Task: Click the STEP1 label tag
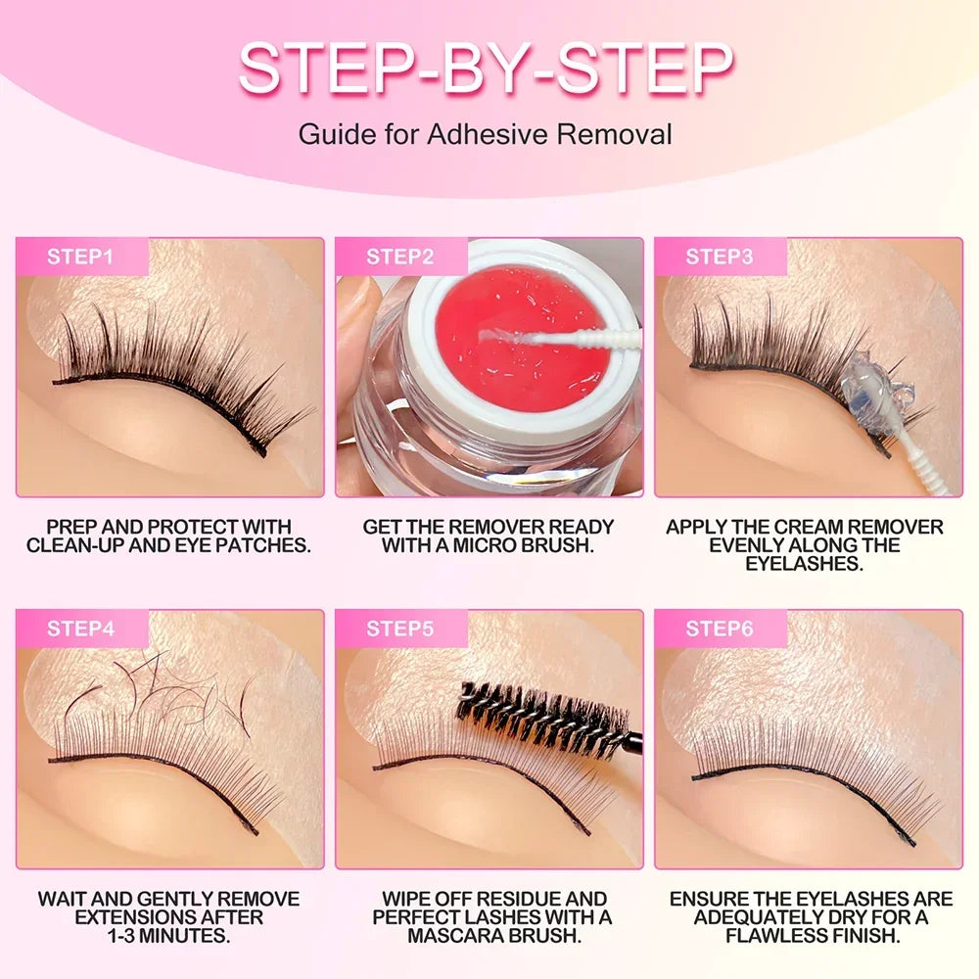point(80,257)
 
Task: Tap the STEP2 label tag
point(399,257)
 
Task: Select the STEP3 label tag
point(719,257)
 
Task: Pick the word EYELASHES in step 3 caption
point(804,564)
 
